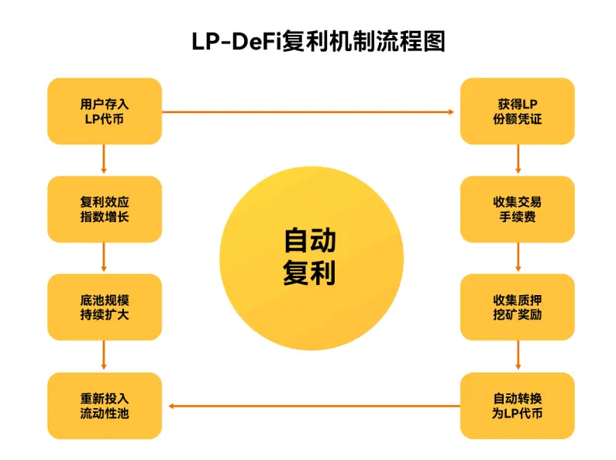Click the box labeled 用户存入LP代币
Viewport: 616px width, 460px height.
(105, 111)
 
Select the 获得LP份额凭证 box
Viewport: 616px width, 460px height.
(518, 111)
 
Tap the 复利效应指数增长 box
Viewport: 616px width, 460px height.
(105, 209)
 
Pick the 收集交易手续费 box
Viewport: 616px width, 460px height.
(518, 209)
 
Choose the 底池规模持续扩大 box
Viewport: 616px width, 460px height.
(105, 307)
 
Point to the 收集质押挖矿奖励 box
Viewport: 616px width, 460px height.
(518, 307)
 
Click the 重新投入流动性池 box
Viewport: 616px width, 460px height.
(105, 406)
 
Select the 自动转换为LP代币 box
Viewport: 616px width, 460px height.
(518, 406)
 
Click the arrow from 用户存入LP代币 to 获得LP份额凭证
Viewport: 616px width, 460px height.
(310, 112)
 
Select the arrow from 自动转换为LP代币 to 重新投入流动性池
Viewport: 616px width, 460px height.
(310, 406)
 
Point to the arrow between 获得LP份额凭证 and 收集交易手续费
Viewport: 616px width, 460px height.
(518, 160)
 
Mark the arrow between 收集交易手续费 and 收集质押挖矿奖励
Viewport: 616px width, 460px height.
(518, 258)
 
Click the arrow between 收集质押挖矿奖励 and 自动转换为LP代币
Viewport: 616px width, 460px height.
(518, 356)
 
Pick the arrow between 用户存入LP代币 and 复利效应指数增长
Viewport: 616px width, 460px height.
(105, 160)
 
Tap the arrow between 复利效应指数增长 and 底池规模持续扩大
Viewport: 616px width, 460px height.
(105, 258)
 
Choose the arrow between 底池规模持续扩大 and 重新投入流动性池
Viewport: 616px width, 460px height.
(105, 356)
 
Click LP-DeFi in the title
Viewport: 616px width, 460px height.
(236, 41)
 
